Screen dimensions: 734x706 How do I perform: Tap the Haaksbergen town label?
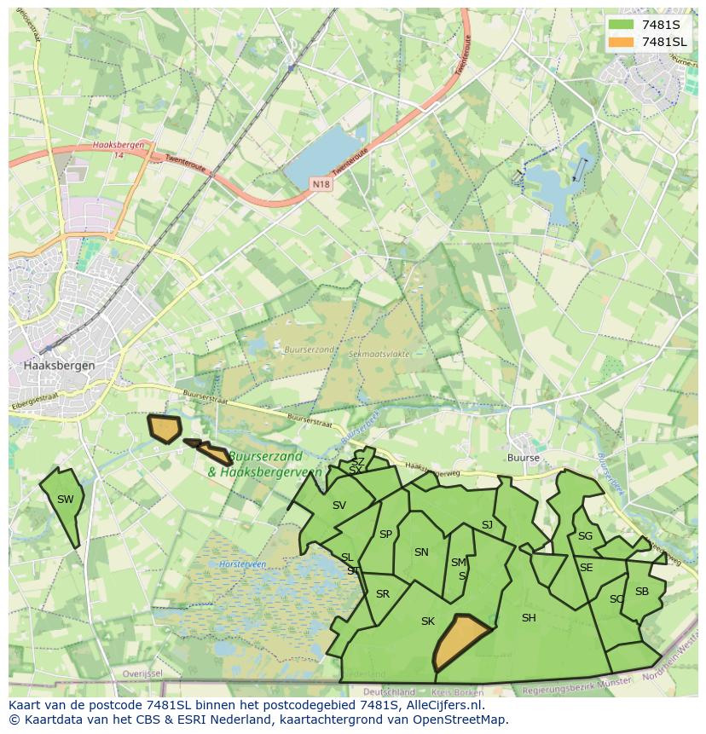(60, 365)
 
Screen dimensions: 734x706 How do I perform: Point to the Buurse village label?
(523, 458)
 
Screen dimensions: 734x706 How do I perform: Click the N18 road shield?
(321, 183)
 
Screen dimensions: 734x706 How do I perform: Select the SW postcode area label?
(66, 500)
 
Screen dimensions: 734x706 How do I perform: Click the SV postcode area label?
(339, 506)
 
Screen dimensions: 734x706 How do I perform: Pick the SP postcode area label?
(385, 535)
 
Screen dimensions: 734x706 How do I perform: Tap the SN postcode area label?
(421, 552)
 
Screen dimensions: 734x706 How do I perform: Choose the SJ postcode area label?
(487, 525)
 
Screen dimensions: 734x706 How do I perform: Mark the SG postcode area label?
(585, 536)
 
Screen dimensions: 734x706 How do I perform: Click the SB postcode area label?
(642, 592)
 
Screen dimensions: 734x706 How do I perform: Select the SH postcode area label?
(529, 618)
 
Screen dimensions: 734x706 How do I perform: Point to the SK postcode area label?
(428, 621)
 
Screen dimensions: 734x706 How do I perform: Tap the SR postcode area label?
(383, 594)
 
